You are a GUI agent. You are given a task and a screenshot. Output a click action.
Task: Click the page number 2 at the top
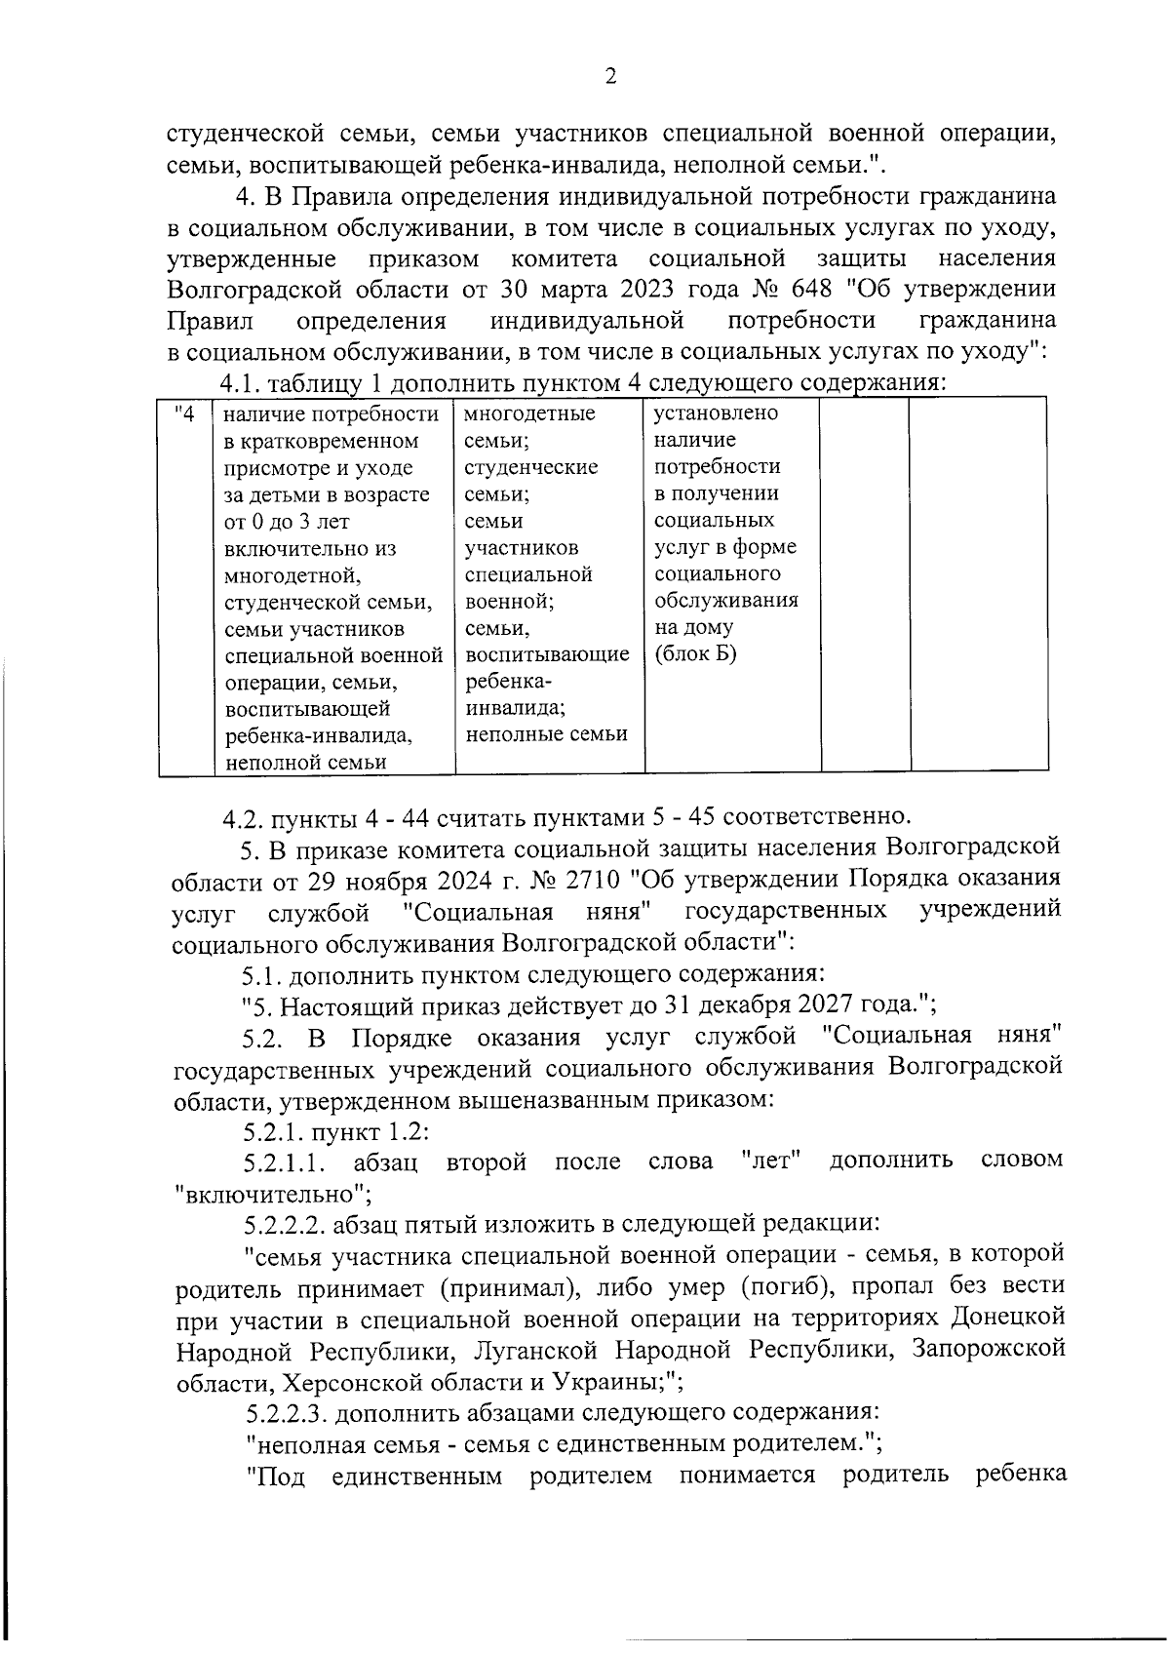[610, 77]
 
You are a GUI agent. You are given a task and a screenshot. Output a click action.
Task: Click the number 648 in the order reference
[810, 290]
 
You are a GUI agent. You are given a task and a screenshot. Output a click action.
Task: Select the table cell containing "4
[185, 414]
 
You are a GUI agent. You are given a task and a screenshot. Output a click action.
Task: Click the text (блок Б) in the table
[696, 653]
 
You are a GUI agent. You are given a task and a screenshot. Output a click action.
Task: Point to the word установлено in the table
[716, 413]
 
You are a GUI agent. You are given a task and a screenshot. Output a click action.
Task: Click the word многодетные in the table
[530, 413]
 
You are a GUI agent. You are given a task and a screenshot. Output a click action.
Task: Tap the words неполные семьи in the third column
[546, 734]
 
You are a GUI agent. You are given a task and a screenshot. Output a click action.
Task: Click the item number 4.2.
[243, 815]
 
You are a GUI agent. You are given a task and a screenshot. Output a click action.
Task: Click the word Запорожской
[988, 1349]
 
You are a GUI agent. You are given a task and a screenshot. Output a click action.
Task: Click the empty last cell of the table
[978, 585]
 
